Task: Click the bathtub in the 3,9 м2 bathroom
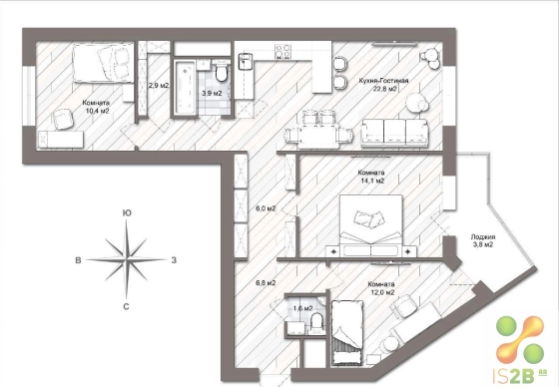(x=185, y=88)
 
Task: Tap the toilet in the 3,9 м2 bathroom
(x=222, y=72)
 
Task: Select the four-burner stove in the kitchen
(x=282, y=51)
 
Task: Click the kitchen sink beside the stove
(x=245, y=60)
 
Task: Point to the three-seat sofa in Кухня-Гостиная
(x=394, y=133)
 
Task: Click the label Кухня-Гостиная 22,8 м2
(x=383, y=85)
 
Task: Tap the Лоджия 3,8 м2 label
(x=483, y=241)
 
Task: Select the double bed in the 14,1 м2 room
(x=371, y=225)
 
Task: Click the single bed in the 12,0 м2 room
(x=347, y=332)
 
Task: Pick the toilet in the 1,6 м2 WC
(x=317, y=321)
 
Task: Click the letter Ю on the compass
(x=127, y=213)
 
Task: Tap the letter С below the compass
(x=126, y=306)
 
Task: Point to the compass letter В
(x=78, y=260)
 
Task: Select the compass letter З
(x=174, y=260)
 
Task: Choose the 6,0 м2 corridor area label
(x=266, y=208)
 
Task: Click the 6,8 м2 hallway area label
(x=266, y=283)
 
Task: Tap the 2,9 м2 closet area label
(x=159, y=86)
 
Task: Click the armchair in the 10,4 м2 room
(x=63, y=120)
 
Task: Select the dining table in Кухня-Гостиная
(x=318, y=137)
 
